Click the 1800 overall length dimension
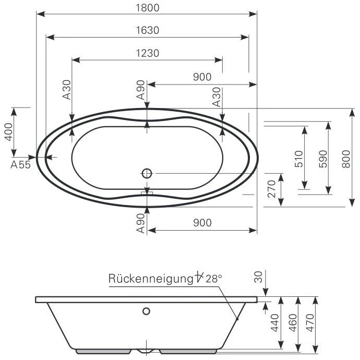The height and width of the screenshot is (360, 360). point(146,8)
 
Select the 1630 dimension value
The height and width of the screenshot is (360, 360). point(147,30)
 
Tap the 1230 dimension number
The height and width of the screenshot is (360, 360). point(147,53)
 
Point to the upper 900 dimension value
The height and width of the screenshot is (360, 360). point(201,77)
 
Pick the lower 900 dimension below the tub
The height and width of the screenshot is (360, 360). point(201,223)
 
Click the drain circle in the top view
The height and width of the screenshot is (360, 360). point(147,173)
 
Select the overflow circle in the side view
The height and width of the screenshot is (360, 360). point(147,311)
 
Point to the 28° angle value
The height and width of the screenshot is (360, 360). point(214,279)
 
